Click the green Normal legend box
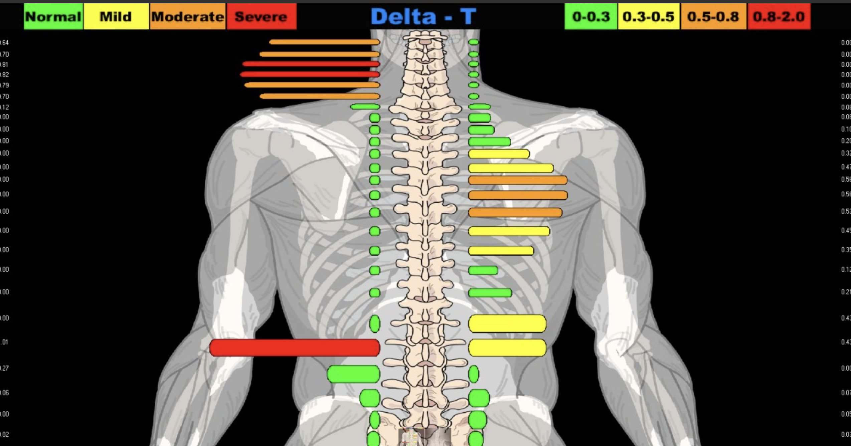[53, 17]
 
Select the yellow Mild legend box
[116, 17]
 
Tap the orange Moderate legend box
[188, 17]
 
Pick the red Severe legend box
[261, 17]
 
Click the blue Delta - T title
[423, 17]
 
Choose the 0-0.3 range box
[591, 17]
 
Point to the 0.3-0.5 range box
[649, 17]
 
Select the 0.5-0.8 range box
[713, 17]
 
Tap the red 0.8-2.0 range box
[779, 17]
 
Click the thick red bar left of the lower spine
[295, 348]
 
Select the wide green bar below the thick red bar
[353, 374]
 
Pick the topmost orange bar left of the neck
[324, 42]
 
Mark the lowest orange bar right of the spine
[515, 212]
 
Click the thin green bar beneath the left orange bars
[365, 107]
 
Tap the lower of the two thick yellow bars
[507, 348]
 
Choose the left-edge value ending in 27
[4, 368]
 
